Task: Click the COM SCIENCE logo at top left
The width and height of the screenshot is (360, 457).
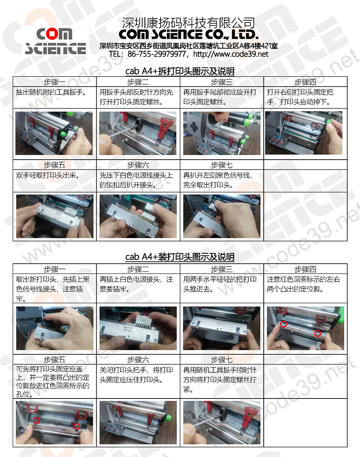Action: (x=55, y=41)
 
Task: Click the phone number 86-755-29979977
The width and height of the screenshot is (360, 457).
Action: (x=156, y=54)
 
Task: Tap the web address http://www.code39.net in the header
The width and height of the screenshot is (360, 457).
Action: (x=230, y=54)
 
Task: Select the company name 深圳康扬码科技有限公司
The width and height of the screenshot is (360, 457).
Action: (x=188, y=23)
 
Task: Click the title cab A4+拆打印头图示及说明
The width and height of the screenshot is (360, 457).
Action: (x=180, y=71)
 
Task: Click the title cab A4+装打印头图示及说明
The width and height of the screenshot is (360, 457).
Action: (x=180, y=257)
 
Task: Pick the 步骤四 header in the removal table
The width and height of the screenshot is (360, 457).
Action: (x=305, y=82)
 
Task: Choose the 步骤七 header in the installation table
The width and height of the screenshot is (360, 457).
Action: (x=221, y=360)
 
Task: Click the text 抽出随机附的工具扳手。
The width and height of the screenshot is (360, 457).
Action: (x=51, y=92)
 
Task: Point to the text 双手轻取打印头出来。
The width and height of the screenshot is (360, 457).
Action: (x=48, y=175)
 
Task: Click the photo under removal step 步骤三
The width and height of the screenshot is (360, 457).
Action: (x=221, y=133)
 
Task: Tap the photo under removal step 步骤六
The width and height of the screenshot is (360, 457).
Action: (x=138, y=216)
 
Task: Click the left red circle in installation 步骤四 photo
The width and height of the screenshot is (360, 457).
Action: (x=283, y=324)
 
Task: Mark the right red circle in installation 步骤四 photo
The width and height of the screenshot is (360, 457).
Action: (x=318, y=333)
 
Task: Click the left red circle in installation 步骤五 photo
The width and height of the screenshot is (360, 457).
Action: (x=36, y=420)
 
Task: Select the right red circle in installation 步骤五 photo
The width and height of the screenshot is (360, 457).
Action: (x=76, y=427)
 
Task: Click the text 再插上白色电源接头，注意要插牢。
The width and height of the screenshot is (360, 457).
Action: (x=136, y=284)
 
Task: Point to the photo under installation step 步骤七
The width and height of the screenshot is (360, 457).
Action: (x=221, y=422)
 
